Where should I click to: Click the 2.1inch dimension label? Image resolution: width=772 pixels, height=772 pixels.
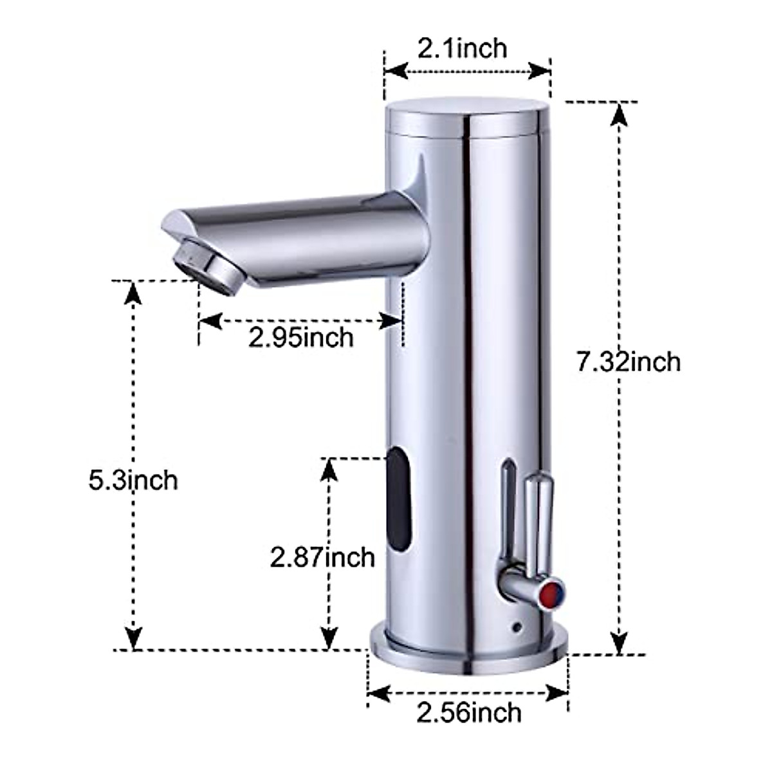click(x=462, y=48)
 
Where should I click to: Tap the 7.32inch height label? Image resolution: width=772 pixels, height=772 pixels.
click(x=628, y=362)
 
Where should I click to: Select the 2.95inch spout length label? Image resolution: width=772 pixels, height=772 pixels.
click(x=301, y=337)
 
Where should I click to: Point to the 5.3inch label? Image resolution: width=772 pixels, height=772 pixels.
click(x=133, y=480)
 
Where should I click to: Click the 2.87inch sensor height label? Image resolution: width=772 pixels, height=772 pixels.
click(x=322, y=557)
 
